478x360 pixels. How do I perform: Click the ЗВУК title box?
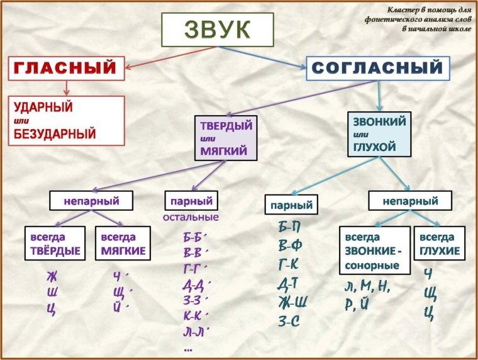218,30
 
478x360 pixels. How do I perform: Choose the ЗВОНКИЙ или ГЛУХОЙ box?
379,133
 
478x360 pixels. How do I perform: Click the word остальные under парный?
191,218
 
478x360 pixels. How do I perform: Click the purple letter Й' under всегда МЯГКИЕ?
120,307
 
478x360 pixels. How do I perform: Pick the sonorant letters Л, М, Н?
368,287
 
